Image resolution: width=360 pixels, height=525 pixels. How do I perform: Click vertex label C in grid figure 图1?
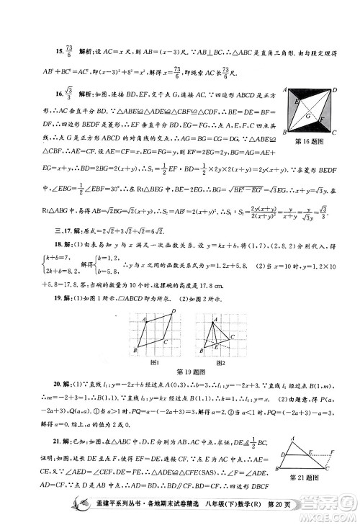click(165, 340)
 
